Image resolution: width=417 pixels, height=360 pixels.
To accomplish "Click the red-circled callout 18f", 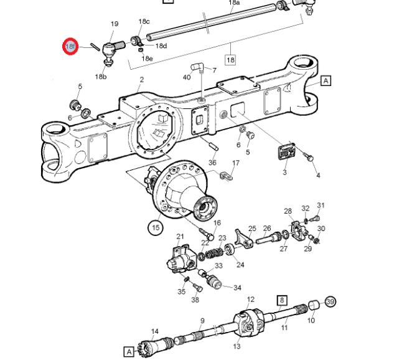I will pos(70,46).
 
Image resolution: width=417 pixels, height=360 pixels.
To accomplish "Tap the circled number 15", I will pos(156,228).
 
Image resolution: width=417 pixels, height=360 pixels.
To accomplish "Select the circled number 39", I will pos(330,302).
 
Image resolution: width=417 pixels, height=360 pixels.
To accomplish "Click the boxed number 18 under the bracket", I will pos(230,60).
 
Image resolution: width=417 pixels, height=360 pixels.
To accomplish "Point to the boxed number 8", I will pos(281,300).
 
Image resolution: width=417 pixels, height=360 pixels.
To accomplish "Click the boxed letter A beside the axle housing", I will pos(326,80).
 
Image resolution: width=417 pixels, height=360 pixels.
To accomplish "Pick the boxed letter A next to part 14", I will pos(128,352).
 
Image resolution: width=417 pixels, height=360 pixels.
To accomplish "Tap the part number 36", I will pos(212,163).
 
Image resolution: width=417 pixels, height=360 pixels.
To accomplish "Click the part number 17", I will pos(235,163).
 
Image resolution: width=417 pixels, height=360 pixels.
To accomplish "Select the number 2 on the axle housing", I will pos(142,80).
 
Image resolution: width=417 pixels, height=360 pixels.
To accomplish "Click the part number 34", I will pos(237,288).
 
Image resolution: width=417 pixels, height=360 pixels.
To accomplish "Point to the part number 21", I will pos(180,236).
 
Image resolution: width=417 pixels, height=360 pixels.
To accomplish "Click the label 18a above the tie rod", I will pos(234,3).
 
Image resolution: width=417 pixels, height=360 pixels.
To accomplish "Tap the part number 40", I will pos(187,77).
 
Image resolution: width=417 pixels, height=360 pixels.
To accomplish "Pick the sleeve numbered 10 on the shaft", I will pos(314,305).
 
